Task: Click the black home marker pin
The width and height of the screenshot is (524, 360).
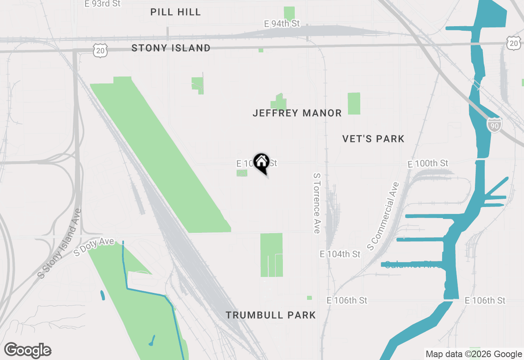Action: pos(261,162)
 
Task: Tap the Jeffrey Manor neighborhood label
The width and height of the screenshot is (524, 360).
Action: pos(297,113)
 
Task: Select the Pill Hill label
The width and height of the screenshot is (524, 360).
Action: pos(176,12)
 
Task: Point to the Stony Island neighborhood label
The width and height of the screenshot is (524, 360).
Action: pos(171,48)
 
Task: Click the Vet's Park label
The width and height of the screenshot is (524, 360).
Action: pos(373,139)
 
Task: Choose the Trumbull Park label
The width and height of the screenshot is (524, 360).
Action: pos(271,315)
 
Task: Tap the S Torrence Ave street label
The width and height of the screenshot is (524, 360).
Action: pos(316,203)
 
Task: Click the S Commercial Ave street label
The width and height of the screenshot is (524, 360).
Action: pos(383,216)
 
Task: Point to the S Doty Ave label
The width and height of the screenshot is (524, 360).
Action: pos(94,247)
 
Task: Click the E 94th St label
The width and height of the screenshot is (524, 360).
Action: pos(282,24)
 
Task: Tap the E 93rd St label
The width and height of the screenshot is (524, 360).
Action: pos(102,4)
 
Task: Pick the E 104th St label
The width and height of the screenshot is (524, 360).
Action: pos(340,254)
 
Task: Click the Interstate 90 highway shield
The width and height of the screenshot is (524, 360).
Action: pos(495,125)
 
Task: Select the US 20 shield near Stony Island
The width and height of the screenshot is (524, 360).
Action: pos(100,50)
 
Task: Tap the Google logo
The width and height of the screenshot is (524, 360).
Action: pos(27,350)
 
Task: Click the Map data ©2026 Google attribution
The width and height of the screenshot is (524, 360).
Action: pos(474,354)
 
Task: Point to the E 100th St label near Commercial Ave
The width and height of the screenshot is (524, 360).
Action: pos(428,164)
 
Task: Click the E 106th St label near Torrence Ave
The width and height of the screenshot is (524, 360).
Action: pos(347,301)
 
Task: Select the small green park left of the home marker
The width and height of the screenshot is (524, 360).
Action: pos(242,173)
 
